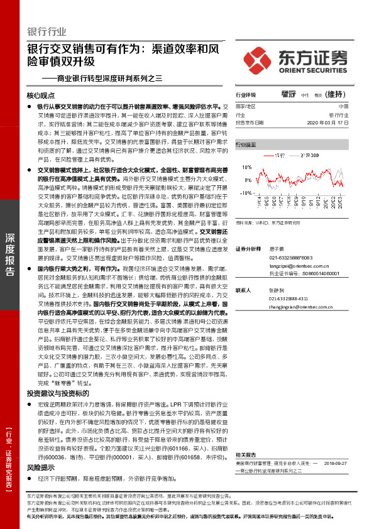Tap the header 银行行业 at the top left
47,31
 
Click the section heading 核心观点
41,96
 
